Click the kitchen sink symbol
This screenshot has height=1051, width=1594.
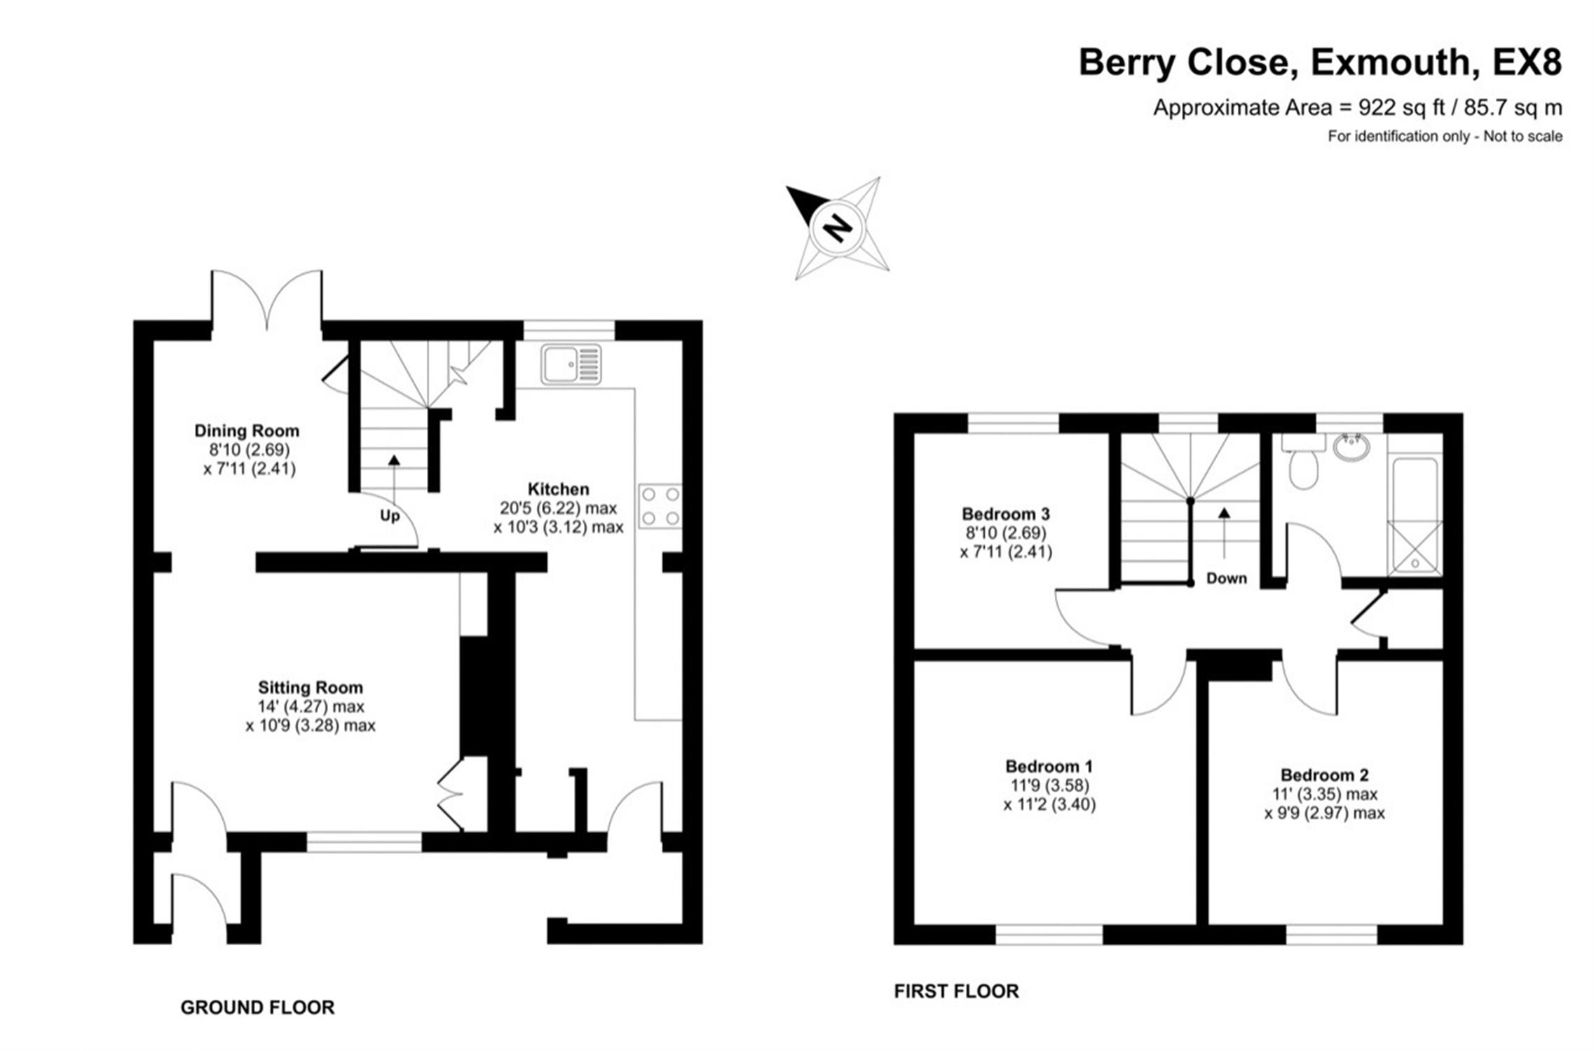pos(571,364)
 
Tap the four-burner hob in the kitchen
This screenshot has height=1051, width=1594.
pos(660,505)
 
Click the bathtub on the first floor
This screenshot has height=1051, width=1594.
pos(1415,516)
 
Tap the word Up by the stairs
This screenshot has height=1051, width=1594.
pos(390,516)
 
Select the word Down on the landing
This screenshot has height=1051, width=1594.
pos(1227,578)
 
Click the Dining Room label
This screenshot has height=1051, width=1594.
pos(247,430)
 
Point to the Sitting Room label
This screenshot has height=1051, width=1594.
pos(311,687)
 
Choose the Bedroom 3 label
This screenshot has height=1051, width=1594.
pos(1006,514)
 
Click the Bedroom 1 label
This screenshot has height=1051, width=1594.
pos(1049,766)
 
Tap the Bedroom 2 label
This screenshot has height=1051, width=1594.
pos(1324,775)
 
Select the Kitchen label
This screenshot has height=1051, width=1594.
pos(558,488)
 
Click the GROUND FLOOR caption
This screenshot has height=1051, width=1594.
pos(257,1008)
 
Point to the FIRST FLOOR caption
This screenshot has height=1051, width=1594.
pos(956,991)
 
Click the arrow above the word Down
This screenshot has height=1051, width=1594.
pos(1224,533)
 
